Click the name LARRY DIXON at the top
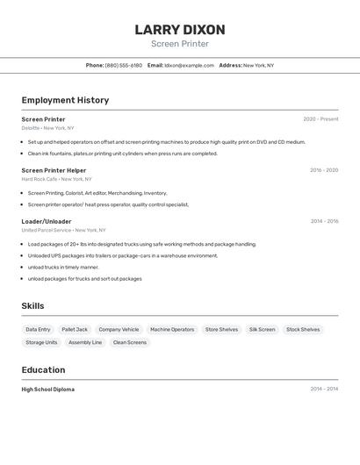pyautogui.click(x=180, y=30)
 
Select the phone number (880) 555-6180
pyautogui.click(x=123, y=65)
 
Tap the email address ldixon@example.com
pyautogui.click(x=189, y=65)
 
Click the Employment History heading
pyautogui.click(x=65, y=100)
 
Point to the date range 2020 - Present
pyautogui.click(x=320, y=119)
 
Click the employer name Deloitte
pyautogui.click(x=31, y=128)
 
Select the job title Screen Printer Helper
pyautogui.click(x=54, y=170)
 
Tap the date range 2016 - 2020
pyautogui.click(x=323, y=170)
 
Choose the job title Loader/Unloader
pyautogui.click(x=47, y=221)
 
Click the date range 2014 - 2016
pyautogui.click(x=324, y=221)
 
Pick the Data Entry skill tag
pyautogui.click(x=38, y=330)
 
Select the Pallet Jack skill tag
pyautogui.click(x=75, y=330)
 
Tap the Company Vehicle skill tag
pyautogui.click(x=119, y=330)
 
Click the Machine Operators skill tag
pyautogui.click(x=172, y=330)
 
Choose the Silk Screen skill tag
pyautogui.click(x=262, y=330)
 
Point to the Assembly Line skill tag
pyautogui.click(x=85, y=342)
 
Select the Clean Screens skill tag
pyautogui.click(x=130, y=342)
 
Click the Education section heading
pyautogui.click(x=43, y=369)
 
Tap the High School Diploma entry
pyautogui.click(x=47, y=390)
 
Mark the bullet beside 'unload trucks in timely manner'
pyautogui.click(x=23, y=268)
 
